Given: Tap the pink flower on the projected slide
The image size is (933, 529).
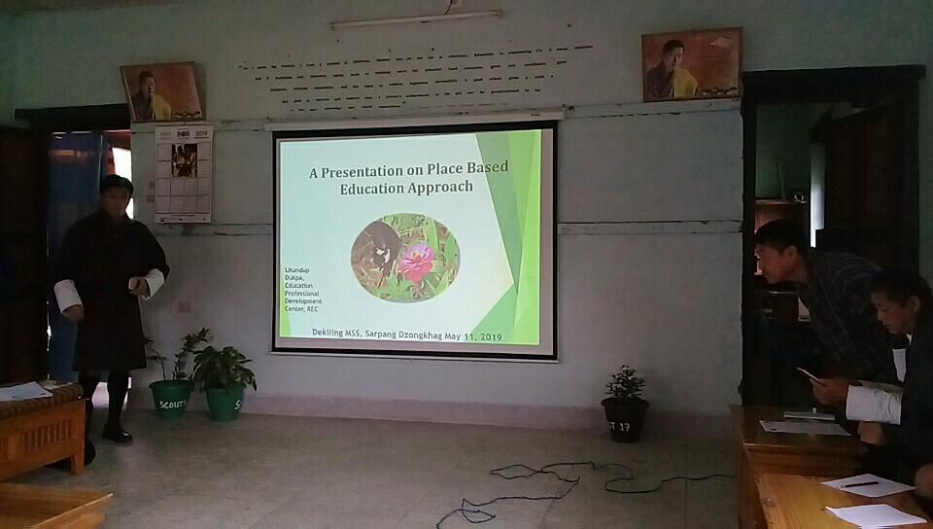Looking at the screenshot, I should (417, 264).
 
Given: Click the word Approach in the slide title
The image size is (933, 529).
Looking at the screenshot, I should (439, 189).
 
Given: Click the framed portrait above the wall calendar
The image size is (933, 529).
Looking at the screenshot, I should (160, 91).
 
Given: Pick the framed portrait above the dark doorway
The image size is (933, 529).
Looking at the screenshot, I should (691, 64).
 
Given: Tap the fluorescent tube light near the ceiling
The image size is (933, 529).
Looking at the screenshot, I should (415, 19).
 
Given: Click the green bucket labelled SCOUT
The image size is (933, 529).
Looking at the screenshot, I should (169, 398).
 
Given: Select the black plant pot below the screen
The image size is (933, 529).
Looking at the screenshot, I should (623, 419).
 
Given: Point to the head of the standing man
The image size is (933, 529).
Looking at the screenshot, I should (117, 195).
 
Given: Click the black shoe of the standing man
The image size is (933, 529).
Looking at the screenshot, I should (118, 435).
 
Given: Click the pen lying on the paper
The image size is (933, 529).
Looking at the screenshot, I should (860, 483).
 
